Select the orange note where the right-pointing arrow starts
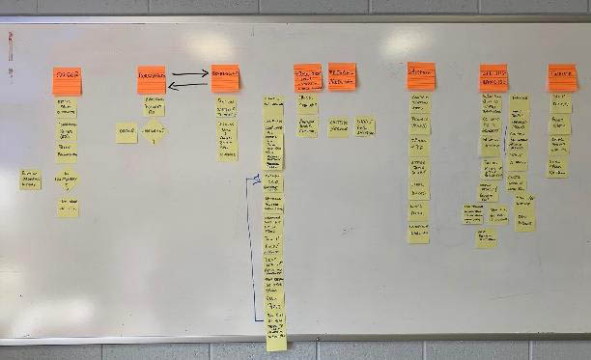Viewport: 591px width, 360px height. click(x=151, y=79)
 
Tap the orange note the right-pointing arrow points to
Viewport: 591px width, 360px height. click(x=225, y=78)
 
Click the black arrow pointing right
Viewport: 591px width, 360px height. click(x=189, y=72)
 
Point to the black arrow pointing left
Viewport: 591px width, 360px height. click(x=188, y=86)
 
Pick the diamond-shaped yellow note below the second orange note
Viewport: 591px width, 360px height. click(x=154, y=132)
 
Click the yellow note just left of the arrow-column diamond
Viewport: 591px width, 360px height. click(x=127, y=132)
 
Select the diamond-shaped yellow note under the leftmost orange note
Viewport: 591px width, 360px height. click(x=68, y=178)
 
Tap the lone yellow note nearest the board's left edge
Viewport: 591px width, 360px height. click(x=31, y=179)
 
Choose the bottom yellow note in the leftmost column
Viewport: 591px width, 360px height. click(x=68, y=207)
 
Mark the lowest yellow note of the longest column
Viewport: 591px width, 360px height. click(x=276, y=337)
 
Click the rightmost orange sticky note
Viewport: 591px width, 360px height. click(x=562, y=77)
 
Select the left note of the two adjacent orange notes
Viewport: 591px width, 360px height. click(x=308, y=77)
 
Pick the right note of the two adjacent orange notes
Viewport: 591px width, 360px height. click(x=342, y=76)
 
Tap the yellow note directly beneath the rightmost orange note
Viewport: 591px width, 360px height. click(x=561, y=103)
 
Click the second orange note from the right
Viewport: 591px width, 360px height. click(x=493, y=78)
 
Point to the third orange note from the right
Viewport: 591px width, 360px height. click(x=420, y=75)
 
